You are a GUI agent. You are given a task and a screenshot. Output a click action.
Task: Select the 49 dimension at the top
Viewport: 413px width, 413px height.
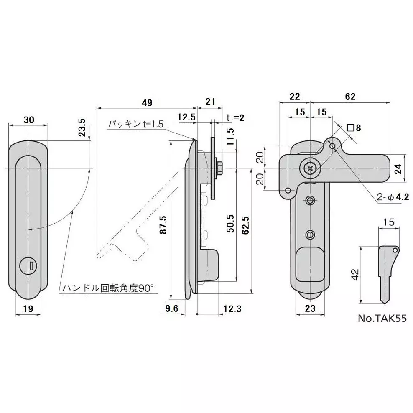click(147, 102)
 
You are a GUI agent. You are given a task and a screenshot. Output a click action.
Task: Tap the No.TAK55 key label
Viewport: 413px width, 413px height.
click(382, 318)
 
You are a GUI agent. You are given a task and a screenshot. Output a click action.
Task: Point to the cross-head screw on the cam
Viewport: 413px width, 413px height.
click(310, 168)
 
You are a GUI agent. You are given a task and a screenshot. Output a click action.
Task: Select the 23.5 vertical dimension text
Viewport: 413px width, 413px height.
click(82, 127)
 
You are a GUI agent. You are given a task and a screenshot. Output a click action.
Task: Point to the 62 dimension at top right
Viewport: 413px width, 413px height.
click(350, 97)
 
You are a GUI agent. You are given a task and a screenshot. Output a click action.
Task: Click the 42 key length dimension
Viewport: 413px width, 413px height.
click(354, 274)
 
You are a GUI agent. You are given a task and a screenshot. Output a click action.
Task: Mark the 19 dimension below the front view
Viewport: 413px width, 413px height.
click(29, 309)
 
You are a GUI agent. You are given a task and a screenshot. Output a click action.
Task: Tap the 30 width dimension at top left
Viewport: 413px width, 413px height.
click(29, 120)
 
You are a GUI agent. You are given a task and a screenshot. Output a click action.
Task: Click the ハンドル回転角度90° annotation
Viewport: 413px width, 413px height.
click(108, 288)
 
